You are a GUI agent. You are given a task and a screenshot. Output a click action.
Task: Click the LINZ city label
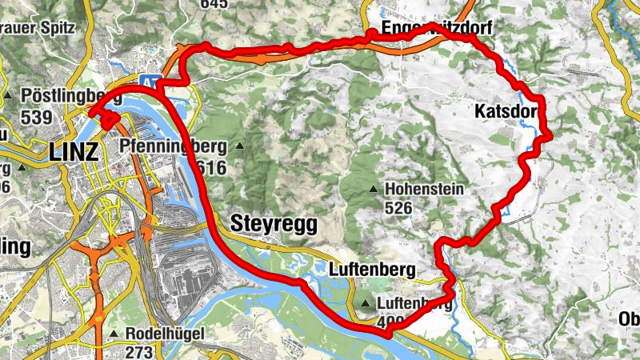tap(74, 151)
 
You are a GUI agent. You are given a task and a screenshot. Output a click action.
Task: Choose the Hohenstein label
tap(424, 190)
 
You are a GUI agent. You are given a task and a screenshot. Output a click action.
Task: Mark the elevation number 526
tap(398, 209)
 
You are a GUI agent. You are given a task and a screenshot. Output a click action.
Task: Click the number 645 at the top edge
tap(214, 4)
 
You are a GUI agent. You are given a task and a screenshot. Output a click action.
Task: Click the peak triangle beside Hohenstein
tap(374, 190)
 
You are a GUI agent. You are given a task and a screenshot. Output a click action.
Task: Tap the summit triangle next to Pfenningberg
tap(239, 146)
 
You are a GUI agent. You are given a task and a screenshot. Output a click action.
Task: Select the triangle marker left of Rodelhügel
tap(115, 334)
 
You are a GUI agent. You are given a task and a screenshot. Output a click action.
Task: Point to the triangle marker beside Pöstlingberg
tap(7, 97)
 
